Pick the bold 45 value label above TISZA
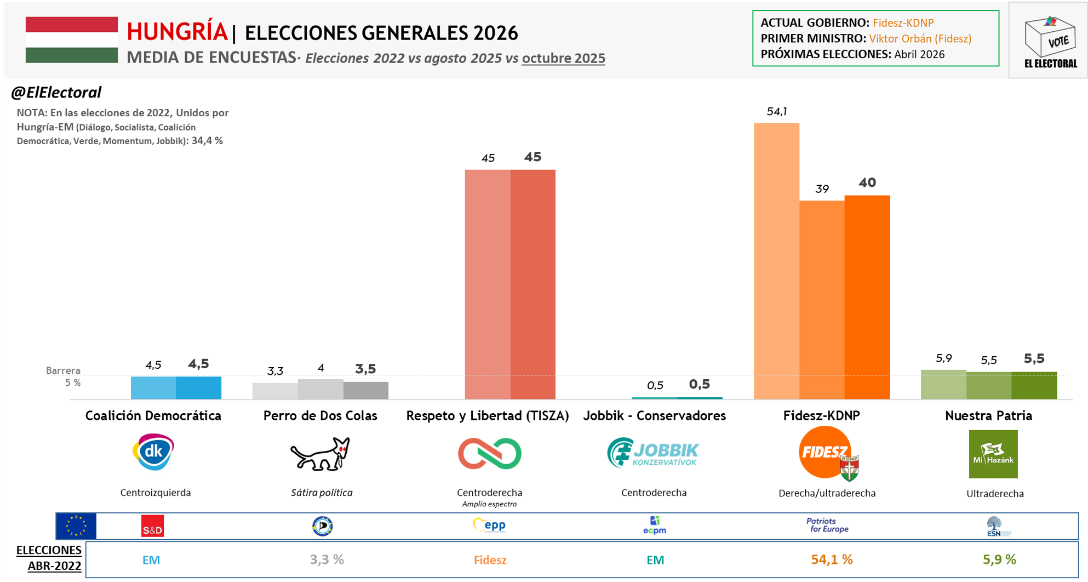(x=532, y=157)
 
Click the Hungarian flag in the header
(x=72, y=39)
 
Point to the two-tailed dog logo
(x=320, y=454)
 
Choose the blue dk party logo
(x=154, y=452)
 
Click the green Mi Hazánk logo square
(x=993, y=454)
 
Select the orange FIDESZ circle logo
(x=825, y=452)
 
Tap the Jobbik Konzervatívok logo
(x=653, y=453)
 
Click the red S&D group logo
(x=152, y=526)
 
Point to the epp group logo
(x=490, y=526)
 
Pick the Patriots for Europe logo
(x=827, y=525)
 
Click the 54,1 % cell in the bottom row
(x=832, y=560)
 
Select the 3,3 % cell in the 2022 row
(x=327, y=560)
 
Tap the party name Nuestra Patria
(x=988, y=416)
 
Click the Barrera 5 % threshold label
(x=64, y=376)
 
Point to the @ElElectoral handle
(x=56, y=93)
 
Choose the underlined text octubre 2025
(x=563, y=58)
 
